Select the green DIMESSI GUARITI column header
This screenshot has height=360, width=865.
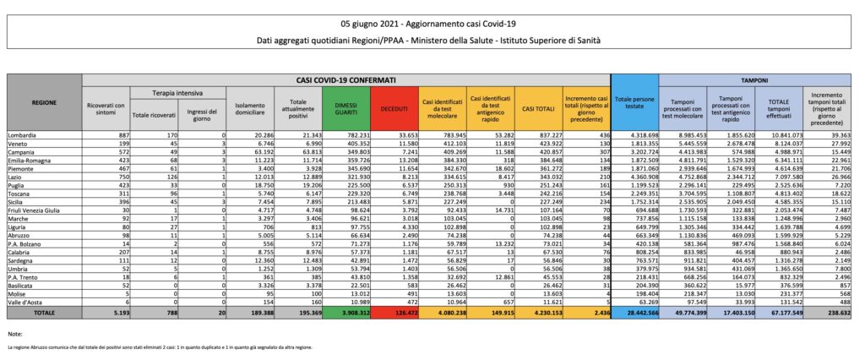click(346, 107)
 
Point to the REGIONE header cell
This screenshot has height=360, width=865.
click(44, 102)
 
